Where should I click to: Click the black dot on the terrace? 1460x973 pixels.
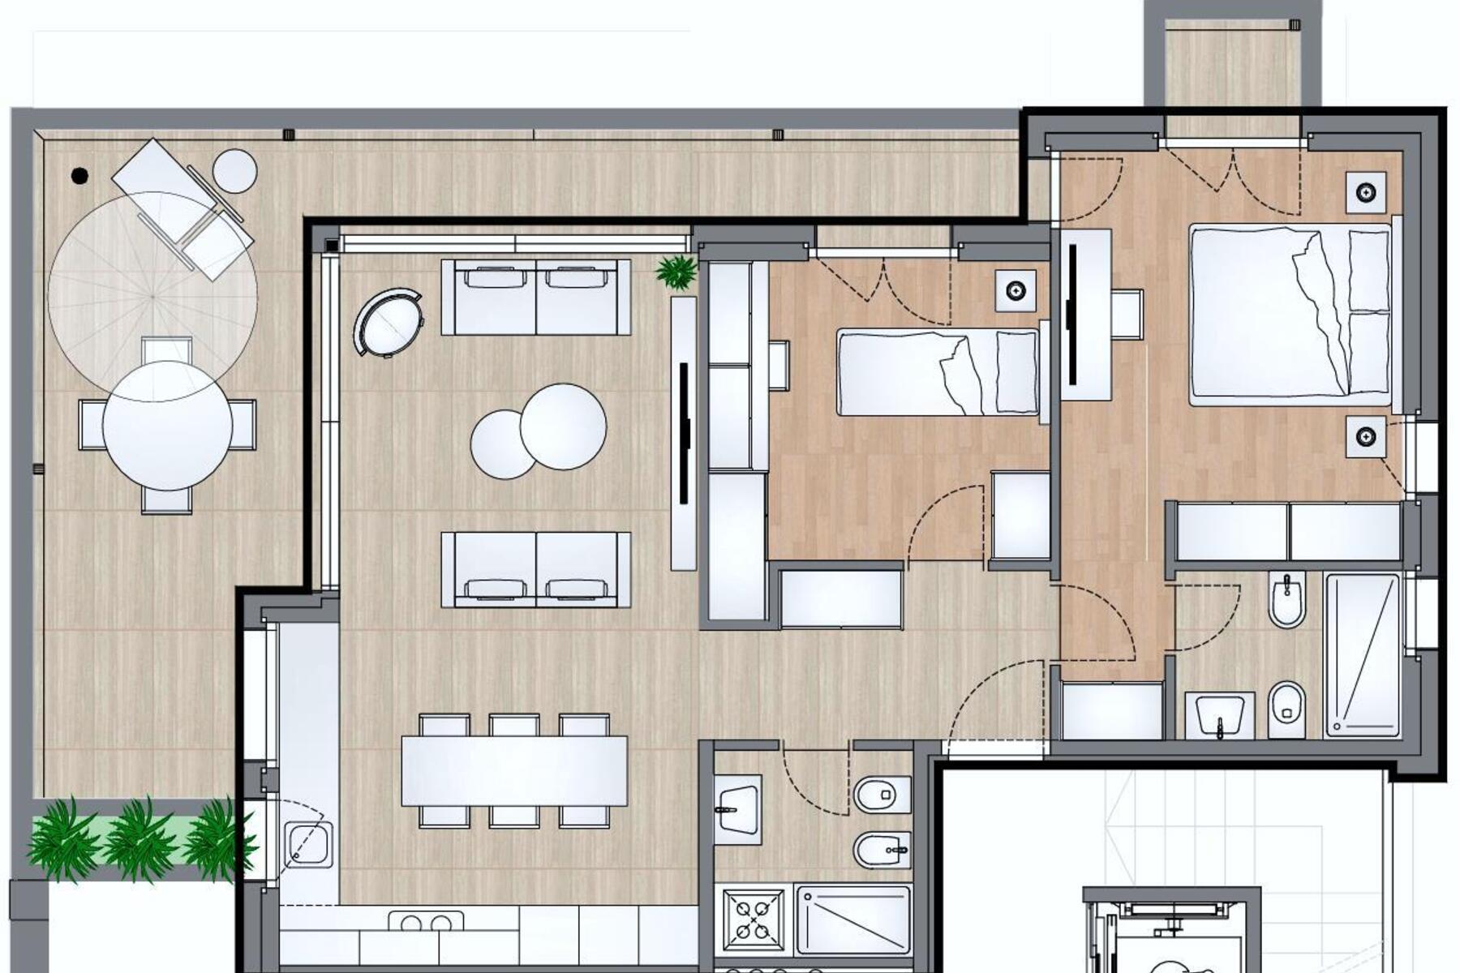tap(79, 175)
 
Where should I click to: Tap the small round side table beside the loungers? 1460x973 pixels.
tap(234, 171)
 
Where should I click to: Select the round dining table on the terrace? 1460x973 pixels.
tap(168, 426)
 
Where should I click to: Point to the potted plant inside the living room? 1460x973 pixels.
tap(676, 271)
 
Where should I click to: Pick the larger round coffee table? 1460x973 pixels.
tap(564, 426)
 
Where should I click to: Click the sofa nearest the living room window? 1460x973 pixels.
tap(535, 298)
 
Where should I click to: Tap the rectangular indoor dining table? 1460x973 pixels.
tap(514, 770)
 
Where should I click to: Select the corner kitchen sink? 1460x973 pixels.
tap(309, 844)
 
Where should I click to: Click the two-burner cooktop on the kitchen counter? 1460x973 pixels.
tap(426, 923)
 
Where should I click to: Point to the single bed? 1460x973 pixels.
tap(938, 372)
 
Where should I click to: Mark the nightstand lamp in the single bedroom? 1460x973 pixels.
tap(1016, 290)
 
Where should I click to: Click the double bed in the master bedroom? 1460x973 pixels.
tap(1290, 315)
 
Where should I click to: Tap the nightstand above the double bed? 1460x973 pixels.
tap(1368, 192)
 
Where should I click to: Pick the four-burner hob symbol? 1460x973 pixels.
tap(754, 920)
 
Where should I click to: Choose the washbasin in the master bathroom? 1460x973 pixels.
tap(1220, 715)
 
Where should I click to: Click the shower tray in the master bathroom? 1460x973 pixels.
tap(1363, 655)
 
